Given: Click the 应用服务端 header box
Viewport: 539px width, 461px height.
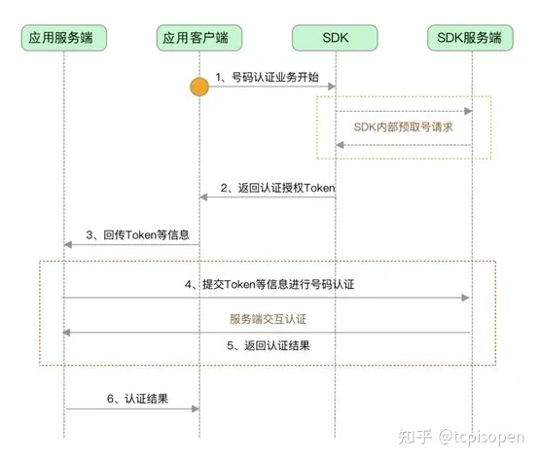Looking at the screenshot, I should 64,38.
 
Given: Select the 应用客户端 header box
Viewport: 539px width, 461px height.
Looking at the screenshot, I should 199,38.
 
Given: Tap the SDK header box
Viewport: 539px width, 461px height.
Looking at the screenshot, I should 336,38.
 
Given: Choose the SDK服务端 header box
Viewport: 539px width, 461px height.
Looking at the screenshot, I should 470,38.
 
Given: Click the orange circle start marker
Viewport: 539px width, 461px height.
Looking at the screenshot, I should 199,88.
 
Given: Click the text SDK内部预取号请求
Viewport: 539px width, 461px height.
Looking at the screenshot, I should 403,127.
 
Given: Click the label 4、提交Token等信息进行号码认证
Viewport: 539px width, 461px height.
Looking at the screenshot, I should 267,285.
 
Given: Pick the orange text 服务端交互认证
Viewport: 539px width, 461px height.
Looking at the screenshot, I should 269,318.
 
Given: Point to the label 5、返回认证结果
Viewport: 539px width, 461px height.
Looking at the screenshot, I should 267,344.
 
